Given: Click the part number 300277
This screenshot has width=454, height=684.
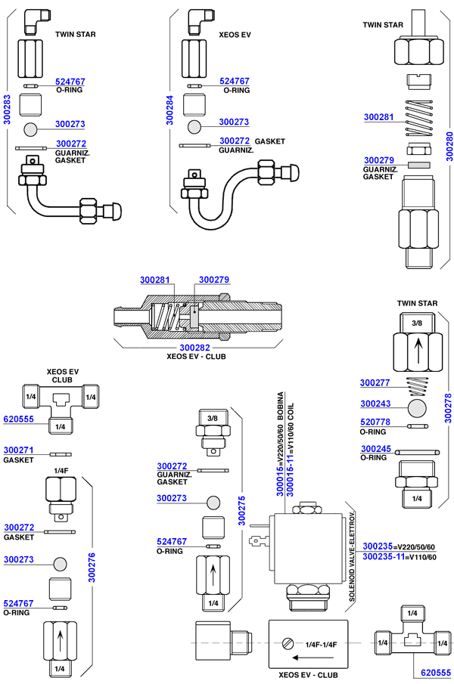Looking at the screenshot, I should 375,382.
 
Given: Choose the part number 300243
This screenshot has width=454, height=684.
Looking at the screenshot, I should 375,404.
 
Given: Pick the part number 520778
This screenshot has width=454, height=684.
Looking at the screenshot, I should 375,422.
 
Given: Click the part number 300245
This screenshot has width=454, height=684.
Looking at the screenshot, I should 375,449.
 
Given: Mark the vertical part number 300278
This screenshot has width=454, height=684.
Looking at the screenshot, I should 448,407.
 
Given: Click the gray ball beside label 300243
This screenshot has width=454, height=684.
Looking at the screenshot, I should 417,409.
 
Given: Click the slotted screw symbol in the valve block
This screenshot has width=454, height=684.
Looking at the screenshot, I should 286,644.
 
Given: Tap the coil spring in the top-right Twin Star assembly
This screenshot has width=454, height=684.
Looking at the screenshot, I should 419,117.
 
